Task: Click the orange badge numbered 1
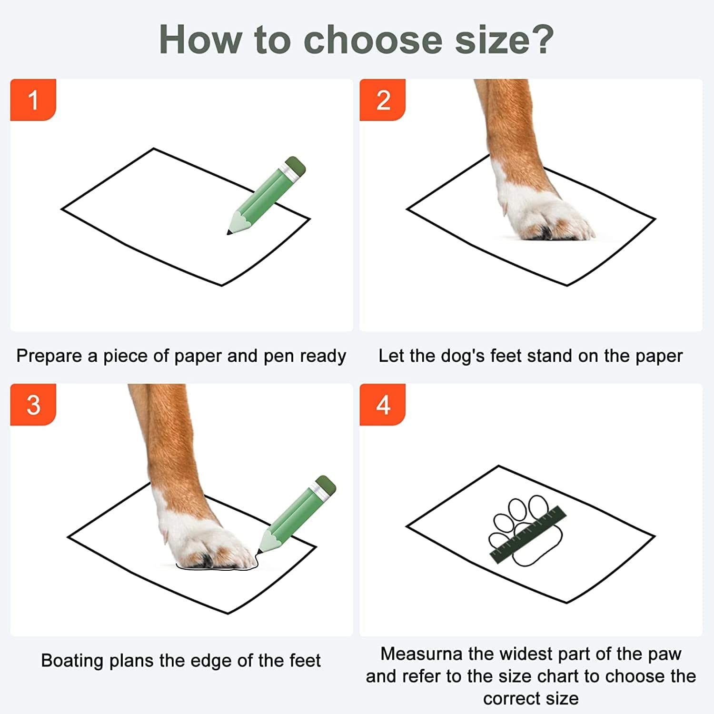pyautogui.click(x=33, y=100)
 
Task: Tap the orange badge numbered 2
pyautogui.click(x=383, y=100)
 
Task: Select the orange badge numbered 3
pyautogui.click(x=33, y=405)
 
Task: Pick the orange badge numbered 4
pyautogui.click(x=383, y=405)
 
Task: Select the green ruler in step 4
pyautogui.click(x=528, y=535)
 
